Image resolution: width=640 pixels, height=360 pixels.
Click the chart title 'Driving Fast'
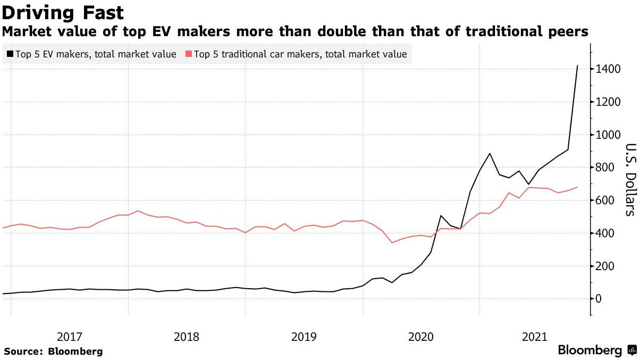click(x=63, y=12)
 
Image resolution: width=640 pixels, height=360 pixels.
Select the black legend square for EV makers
click(x=10, y=54)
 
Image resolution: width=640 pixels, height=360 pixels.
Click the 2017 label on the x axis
click(x=69, y=337)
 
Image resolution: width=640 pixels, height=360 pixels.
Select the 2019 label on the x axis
click(x=304, y=337)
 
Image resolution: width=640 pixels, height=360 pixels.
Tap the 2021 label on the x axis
click(x=535, y=337)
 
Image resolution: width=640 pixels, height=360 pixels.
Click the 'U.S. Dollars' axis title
click(x=630, y=180)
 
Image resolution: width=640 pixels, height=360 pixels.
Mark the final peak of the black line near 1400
click(x=577, y=66)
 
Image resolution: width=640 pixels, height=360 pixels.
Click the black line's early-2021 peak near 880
click(x=490, y=154)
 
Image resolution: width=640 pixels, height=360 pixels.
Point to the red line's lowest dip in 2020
click(x=392, y=242)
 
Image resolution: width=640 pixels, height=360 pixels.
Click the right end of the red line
click(x=577, y=187)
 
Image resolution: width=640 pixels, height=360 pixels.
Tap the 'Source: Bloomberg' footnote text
click(x=53, y=351)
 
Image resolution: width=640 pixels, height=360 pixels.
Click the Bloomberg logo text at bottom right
click(x=590, y=351)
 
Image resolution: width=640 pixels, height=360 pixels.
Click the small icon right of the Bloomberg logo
click(x=631, y=350)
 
